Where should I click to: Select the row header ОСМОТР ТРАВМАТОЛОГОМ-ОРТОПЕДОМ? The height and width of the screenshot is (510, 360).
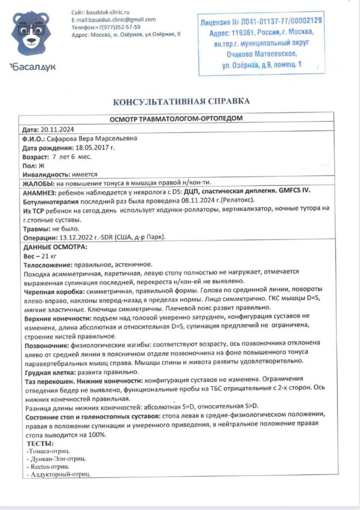(x=177, y=119)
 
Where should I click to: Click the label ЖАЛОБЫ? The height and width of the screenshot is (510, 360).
(x=39, y=184)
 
